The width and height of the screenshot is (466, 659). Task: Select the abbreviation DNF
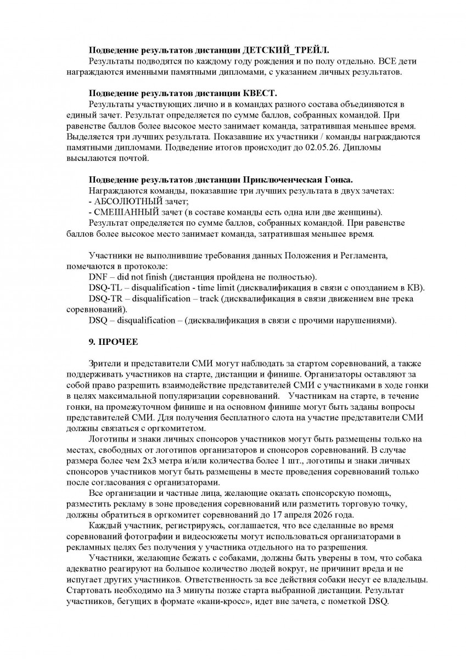point(98,276)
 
